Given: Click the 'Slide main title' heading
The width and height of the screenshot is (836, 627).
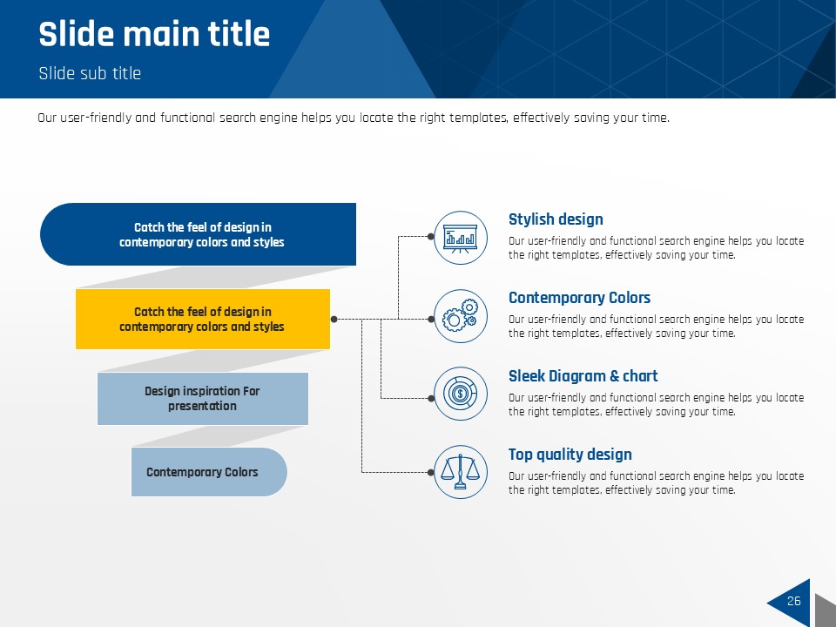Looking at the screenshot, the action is pos(154,34).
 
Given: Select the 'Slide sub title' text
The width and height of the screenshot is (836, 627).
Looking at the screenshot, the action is pos(90,73).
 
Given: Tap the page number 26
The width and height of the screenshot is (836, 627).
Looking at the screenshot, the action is pos(794,601).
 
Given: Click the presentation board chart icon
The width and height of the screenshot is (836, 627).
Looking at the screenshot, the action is pos(460,238).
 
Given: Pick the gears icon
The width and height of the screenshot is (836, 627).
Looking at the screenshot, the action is pos(460,315).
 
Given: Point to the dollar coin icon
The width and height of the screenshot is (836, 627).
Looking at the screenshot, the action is pos(460,394).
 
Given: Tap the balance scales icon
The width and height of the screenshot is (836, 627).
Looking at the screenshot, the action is pos(460,472).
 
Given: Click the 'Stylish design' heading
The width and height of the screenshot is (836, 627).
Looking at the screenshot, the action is pos(556,219).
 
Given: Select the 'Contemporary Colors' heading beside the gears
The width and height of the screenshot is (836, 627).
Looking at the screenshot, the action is pos(580,298).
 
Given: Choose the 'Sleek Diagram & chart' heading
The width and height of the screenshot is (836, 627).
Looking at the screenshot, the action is pos(583,376).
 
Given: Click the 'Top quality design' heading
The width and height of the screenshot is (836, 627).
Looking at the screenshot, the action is pos(570,455).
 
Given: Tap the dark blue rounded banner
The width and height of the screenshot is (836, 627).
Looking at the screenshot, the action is pos(198,234).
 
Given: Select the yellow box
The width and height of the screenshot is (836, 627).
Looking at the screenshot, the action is pos(203,319).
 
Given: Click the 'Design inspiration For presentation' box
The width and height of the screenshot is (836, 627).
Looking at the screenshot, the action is pos(203,399).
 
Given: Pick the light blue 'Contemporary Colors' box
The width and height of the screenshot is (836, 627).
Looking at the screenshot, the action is pos(209,472).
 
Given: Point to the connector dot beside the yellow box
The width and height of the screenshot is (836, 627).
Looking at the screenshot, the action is pos(334,320).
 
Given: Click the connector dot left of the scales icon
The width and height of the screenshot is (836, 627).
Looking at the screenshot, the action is pos(431,472).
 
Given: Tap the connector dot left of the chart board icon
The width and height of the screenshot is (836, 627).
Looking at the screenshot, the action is pos(431,237).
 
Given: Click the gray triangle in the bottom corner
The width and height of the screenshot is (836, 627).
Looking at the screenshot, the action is pos(826,610).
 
